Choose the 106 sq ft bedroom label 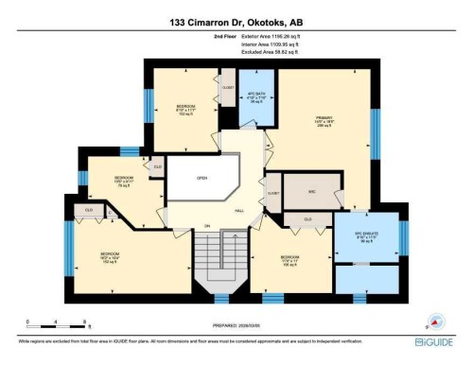289,260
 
